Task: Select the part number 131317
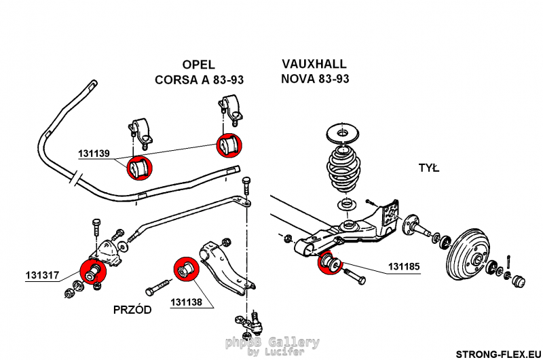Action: tap(43, 275)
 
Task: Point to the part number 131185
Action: tap(403, 267)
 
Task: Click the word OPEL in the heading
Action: tap(198, 65)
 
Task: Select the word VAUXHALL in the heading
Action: tap(314, 64)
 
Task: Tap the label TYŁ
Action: tap(429, 168)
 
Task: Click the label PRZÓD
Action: tap(132, 309)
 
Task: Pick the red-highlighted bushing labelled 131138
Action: tap(185, 268)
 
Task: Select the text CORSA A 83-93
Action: tap(199, 79)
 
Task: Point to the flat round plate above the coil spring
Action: tap(343, 132)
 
